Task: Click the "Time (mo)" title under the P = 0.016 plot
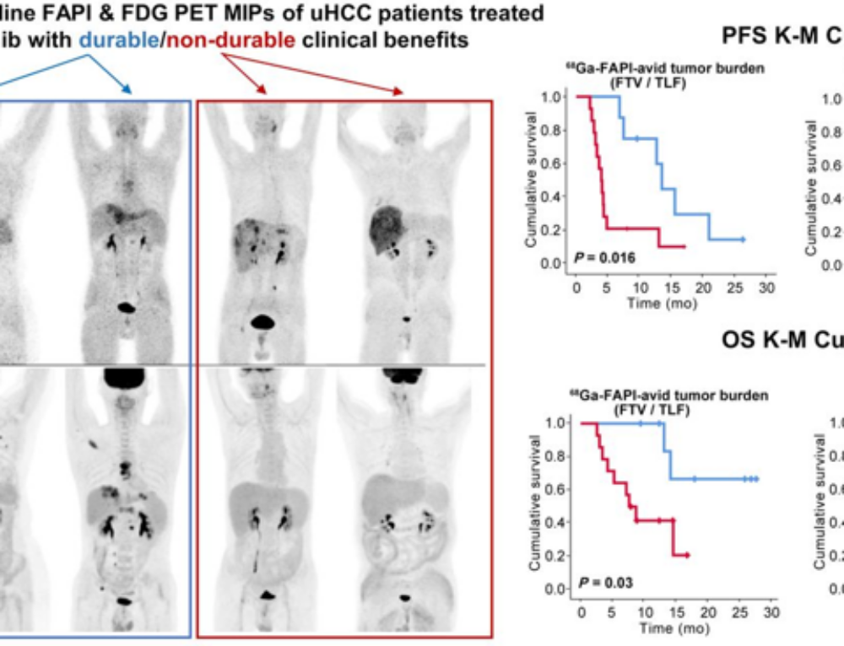tap(662, 303)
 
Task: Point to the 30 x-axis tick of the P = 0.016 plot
tap(766, 288)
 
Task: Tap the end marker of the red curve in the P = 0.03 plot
tap(688, 554)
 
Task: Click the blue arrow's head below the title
tap(127, 90)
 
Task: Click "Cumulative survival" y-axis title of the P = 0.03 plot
tap(535, 504)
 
